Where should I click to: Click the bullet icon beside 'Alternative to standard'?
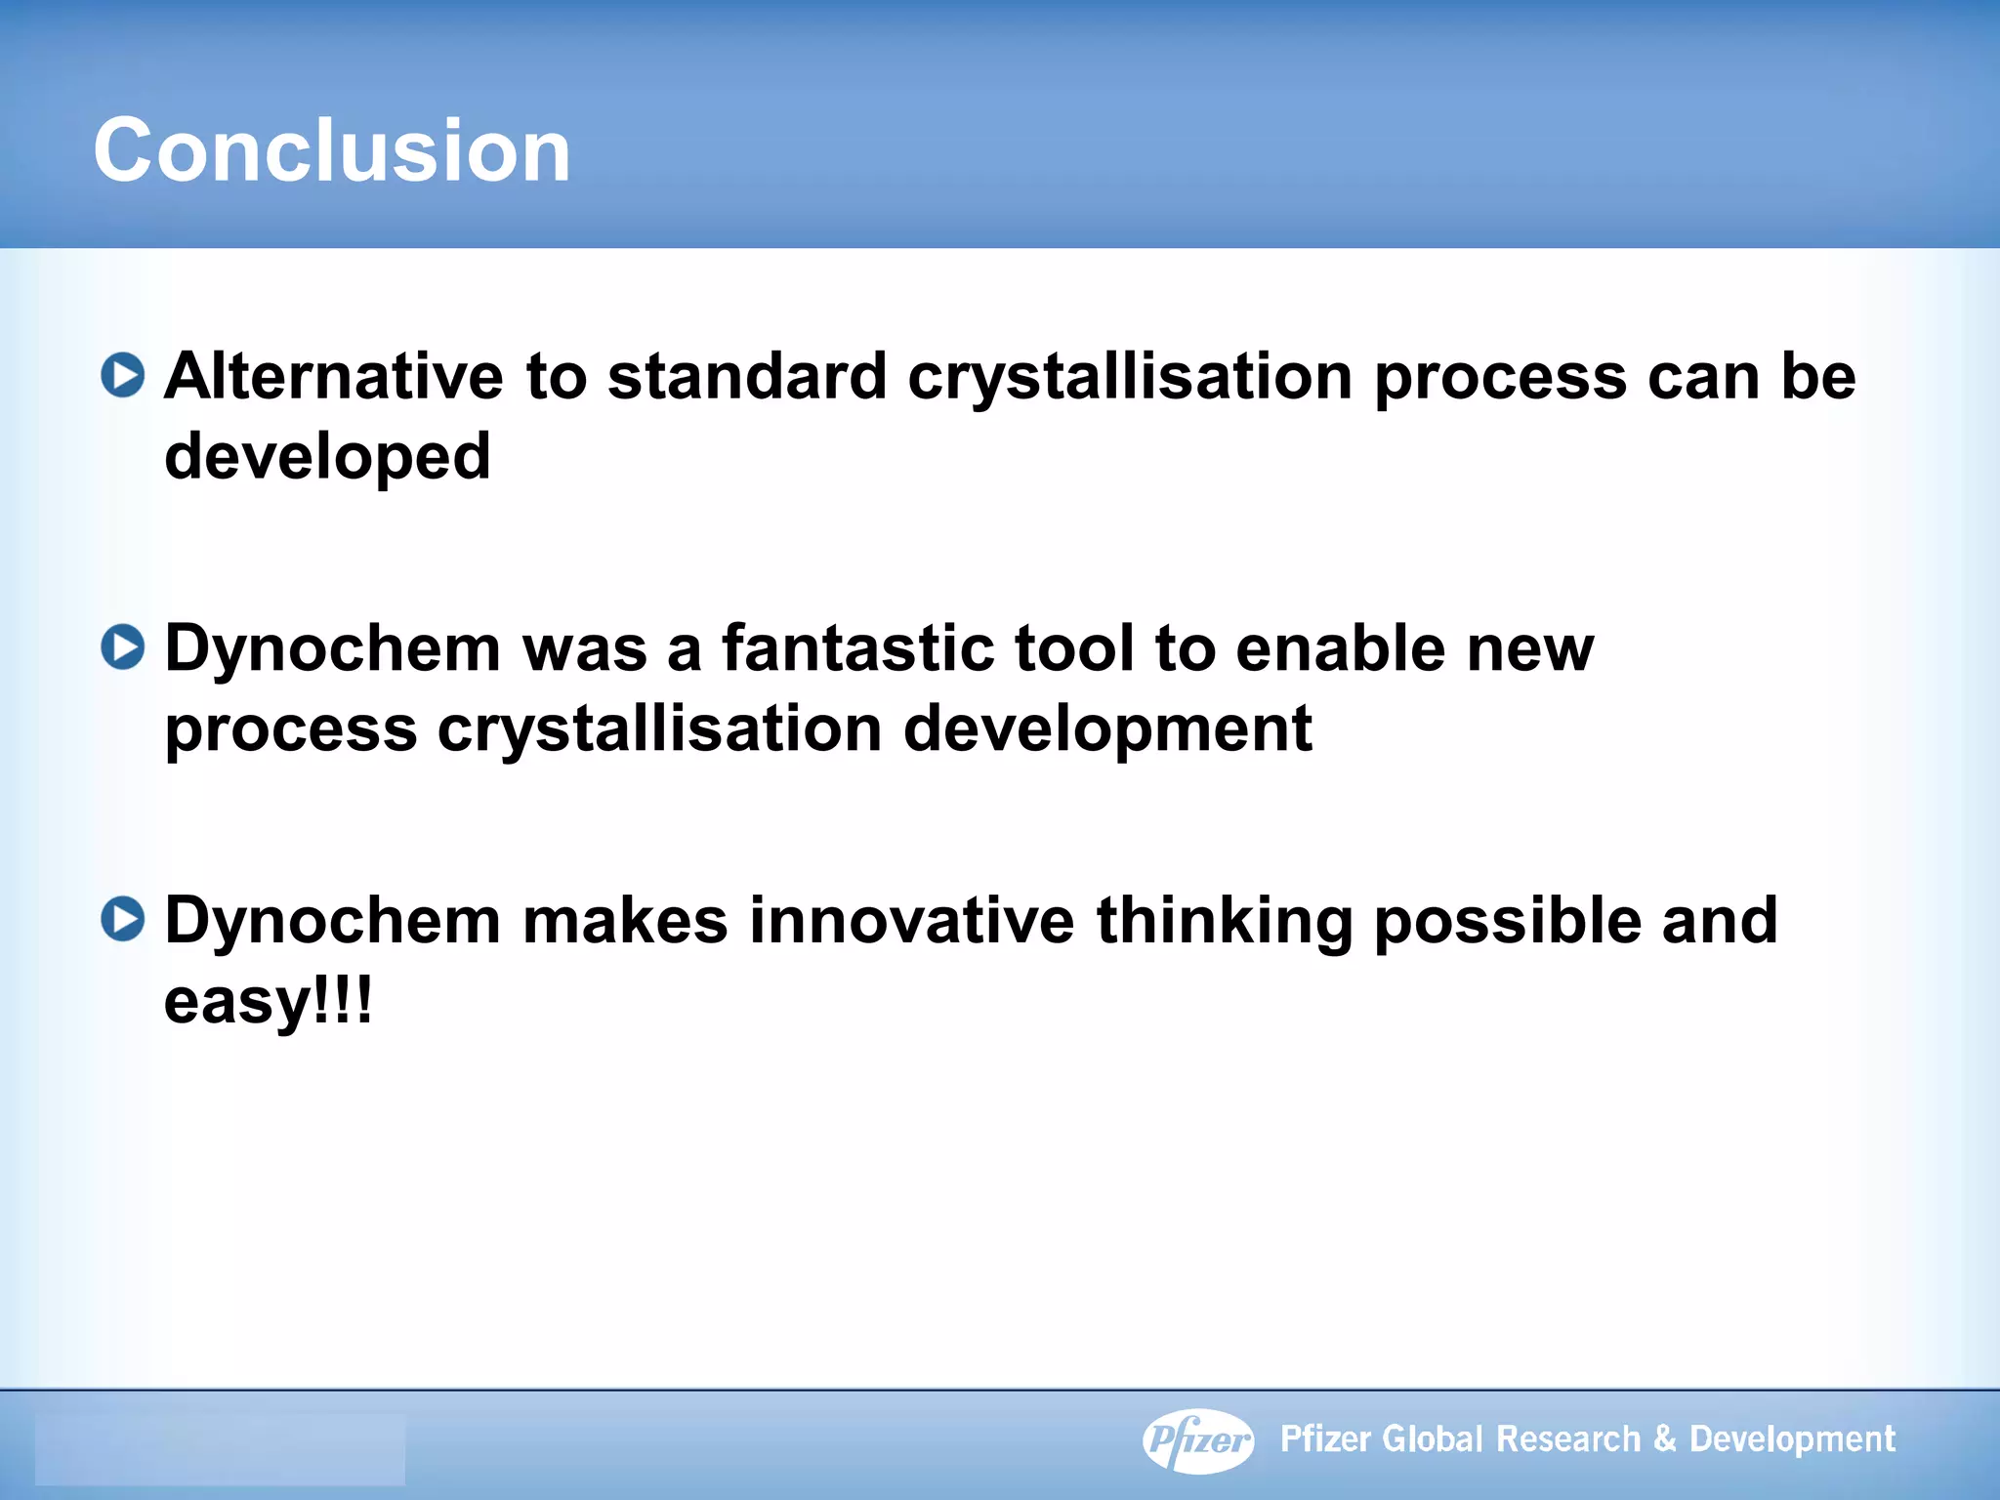click(123, 376)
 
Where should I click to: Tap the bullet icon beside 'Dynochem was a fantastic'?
click(123, 647)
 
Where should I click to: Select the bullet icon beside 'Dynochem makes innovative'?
click(123, 919)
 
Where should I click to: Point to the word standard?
click(747, 376)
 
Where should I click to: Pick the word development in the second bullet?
click(1107, 729)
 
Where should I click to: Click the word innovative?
click(911, 920)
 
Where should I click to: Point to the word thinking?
click(1225, 922)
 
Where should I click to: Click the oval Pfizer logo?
click(1198, 1439)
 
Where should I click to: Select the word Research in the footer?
click(1568, 1439)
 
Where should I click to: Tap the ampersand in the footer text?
click(1665, 1439)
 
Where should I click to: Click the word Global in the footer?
click(1434, 1439)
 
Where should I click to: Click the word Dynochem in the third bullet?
click(332, 920)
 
